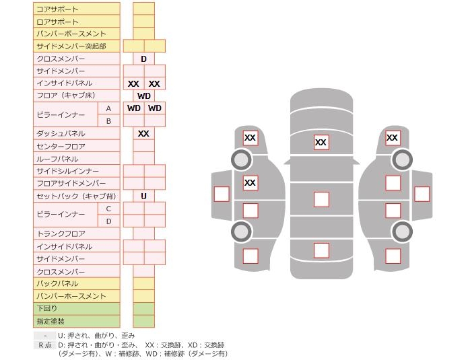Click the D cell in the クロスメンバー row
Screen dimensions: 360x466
(x=143, y=59)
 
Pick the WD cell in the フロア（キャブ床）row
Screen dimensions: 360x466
(x=143, y=96)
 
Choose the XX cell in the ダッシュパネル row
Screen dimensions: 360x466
(x=143, y=134)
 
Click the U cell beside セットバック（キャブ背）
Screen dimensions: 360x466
(x=143, y=196)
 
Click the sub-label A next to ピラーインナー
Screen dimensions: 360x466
(x=108, y=108)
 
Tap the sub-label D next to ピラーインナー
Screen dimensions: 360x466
(x=108, y=221)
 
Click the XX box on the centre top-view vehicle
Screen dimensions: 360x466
(x=321, y=142)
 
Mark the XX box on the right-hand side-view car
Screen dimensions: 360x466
(x=392, y=138)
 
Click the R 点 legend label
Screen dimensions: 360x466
(x=44, y=345)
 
